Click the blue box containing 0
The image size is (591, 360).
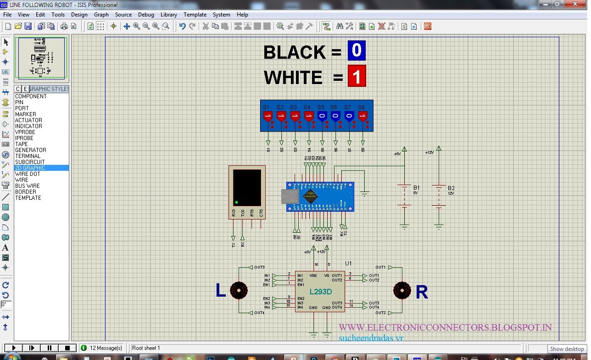[x=357, y=51]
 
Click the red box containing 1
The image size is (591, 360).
[x=357, y=76]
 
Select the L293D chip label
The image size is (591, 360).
[x=320, y=292]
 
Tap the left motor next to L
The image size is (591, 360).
[x=239, y=290]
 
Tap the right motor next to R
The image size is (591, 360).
[x=402, y=290]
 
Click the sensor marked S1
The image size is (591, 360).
[x=268, y=116]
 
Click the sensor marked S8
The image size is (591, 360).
[x=362, y=116]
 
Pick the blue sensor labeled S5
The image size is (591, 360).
[x=322, y=116]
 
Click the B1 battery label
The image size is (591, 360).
[x=416, y=188]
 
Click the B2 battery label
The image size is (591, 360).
[x=451, y=188]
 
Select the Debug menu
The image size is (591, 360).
[x=146, y=15]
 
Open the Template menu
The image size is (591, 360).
[x=195, y=15]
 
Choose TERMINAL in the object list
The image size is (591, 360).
[x=28, y=156]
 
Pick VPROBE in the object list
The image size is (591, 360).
[x=25, y=132]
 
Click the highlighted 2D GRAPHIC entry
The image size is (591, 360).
[x=30, y=168]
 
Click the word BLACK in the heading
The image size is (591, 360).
[x=294, y=52]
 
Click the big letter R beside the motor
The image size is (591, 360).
[x=422, y=292]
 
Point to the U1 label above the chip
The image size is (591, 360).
[x=348, y=264]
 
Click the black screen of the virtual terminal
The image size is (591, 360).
[x=247, y=187]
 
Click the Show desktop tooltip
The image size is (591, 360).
[x=567, y=349]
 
